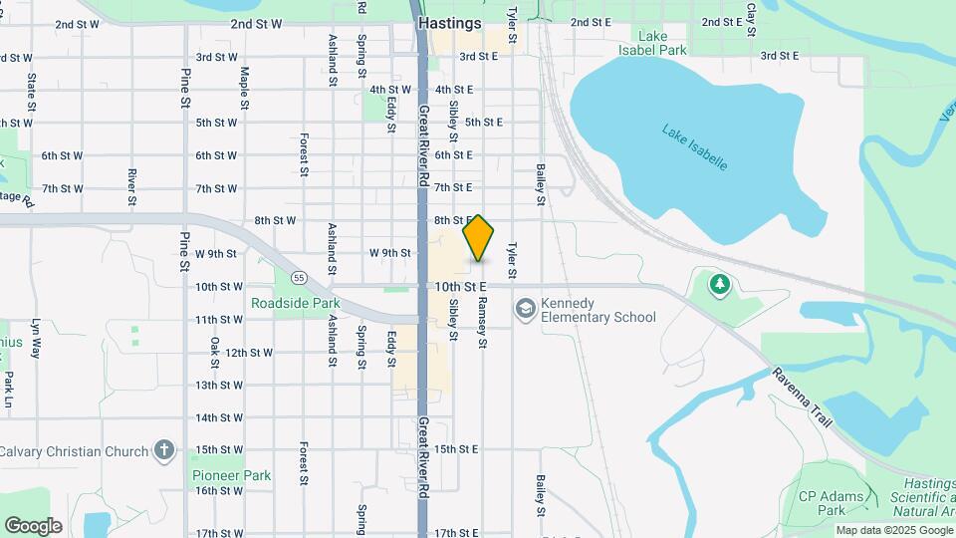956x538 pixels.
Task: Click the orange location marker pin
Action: coord(479,238)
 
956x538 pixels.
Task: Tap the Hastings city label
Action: coord(449,22)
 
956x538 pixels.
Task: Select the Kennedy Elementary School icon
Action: coord(524,309)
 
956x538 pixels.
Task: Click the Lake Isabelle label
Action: coord(695,145)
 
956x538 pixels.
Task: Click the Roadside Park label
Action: coord(295,303)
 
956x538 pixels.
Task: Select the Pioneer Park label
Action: coord(231,475)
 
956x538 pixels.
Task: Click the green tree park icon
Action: coord(718,286)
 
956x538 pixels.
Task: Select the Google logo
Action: coord(33,525)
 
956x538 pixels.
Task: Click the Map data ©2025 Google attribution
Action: coord(893,530)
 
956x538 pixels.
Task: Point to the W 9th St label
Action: coord(389,253)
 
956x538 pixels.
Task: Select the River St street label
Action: coord(131,185)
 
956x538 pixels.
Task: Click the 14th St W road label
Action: coord(219,417)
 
